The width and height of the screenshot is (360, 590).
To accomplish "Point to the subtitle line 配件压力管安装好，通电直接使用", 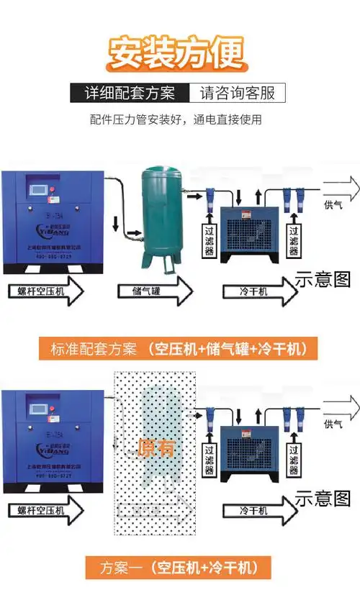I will point(176,120).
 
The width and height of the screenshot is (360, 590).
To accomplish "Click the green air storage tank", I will point(163,216).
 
